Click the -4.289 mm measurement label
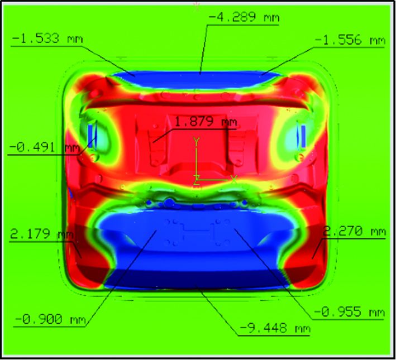coord(244,17)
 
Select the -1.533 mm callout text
coord(47,39)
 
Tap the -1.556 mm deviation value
coord(350,40)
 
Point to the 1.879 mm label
coord(206,122)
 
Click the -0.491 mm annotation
coord(45,147)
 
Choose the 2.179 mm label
coord(42,234)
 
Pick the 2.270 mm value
coord(354,231)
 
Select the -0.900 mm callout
coord(50,319)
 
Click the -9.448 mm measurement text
coord(275,328)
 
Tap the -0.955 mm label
coord(349,313)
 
